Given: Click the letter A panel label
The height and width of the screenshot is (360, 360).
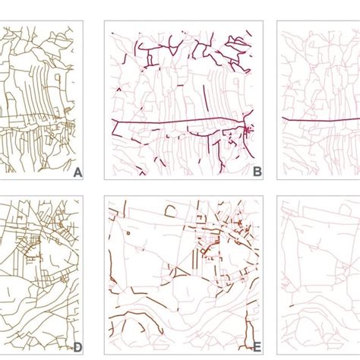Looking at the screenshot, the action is (77, 173).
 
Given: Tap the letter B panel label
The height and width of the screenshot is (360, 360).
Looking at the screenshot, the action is (257, 172).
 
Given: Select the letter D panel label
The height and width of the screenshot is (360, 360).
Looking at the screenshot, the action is (77, 348).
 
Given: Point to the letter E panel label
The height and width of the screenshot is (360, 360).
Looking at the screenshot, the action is (257, 347).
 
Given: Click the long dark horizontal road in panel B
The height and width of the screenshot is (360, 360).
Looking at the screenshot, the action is (177, 122).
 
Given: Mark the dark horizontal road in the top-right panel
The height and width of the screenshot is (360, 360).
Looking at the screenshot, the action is (321, 120).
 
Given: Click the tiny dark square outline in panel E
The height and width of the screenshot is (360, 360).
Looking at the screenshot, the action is (128, 233).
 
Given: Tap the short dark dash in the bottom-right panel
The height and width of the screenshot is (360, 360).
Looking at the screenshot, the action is (292, 306).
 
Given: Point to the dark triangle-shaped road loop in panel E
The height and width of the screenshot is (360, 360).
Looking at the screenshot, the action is (182, 273).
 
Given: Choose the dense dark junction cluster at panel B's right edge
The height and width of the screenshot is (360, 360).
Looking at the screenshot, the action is (248, 131).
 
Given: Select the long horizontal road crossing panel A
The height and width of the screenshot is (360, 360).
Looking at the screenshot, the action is (33, 117).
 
